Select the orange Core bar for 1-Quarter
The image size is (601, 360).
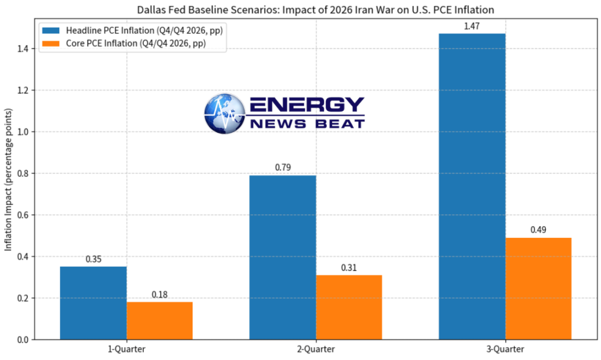pyautogui.click(x=159, y=321)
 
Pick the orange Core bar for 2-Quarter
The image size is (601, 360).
pyautogui.click(x=349, y=307)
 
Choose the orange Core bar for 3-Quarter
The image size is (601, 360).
pyautogui.click(x=538, y=288)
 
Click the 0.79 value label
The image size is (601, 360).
pyautogui.click(x=283, y=167)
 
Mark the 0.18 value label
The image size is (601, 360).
pyautogui.click(x=159, y=294)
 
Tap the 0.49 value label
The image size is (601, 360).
pyautogui.click(x=538, y=230)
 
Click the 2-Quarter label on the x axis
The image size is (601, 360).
pyautogui.click(x=316, y=349)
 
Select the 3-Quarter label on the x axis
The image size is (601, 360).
pyautogui.click(x=505, y=349)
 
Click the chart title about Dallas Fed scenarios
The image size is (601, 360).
pyautogui.click(x=315, y=9)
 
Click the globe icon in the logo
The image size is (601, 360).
pyautogui.click(x=225, y=113)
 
